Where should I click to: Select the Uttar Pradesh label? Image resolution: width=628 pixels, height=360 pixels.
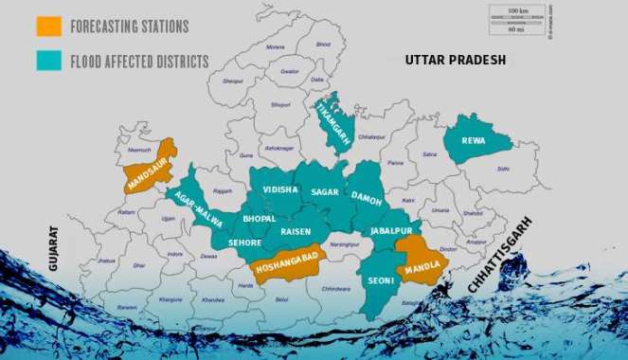(x=456, y=60)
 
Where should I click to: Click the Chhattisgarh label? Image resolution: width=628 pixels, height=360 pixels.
(x=501, y=255)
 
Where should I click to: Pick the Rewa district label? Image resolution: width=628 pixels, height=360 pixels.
(x=474, y=141)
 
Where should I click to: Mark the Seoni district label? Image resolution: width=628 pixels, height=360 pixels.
(x=380, y=281)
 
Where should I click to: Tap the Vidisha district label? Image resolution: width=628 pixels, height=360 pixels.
(x=280, y=189)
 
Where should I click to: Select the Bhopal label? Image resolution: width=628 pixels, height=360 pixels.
(x=259, y=219)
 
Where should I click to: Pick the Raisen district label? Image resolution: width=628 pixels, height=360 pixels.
(x=296, y=230)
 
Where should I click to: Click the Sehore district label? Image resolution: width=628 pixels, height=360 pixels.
(x=244, y=243)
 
